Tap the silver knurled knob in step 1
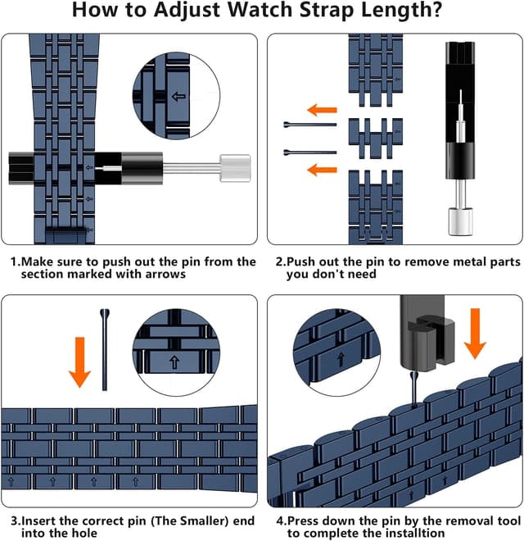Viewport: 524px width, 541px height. click(x=235, y=168)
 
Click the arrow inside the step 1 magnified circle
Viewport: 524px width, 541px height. click(x=178, y=97)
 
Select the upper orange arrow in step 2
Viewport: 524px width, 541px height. click(x=322, y=110)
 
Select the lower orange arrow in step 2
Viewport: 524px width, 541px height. click(x=322, y=170)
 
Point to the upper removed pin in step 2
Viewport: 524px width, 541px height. click(x=310, y=125)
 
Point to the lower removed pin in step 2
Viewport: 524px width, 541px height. click(x=310, y=152)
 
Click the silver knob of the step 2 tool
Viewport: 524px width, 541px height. click(x=460, y=220)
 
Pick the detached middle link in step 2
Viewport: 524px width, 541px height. click(x=376, y=139)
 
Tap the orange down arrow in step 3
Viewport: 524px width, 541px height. click(x=79, y=362)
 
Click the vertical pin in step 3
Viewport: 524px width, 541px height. click(x=105, y=349)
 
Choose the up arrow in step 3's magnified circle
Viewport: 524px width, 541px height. click(x=174, y=362)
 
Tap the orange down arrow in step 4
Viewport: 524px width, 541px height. click(x=475, y=334)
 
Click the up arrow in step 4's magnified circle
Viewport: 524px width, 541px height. click(x=341, y=360)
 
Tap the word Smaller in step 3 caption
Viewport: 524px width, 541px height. click(x=205, y=521)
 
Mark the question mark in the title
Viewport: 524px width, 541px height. click(x=436, y=9)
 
